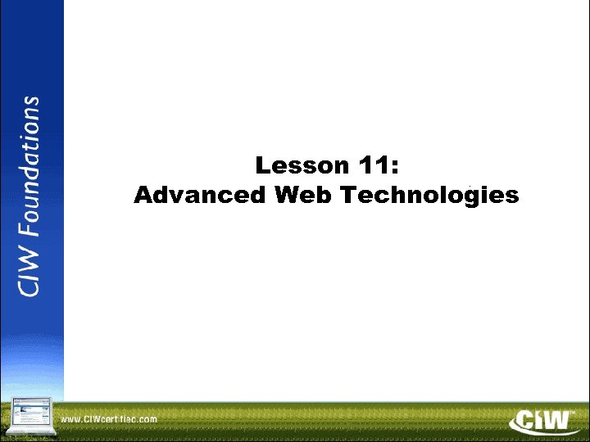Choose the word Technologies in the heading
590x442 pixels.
pyautogui.click(x=429, y=196)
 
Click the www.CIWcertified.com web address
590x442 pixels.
pyautogui.click(x=109, y=419)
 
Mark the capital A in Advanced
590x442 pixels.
pyautogui.click(x=142, y=196)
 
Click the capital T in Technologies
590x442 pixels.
pyautogui.click(x=347, y=196)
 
